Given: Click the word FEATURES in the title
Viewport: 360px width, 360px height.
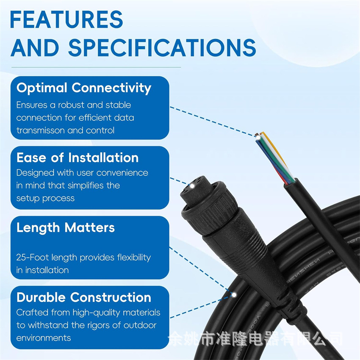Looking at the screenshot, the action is [66, 19].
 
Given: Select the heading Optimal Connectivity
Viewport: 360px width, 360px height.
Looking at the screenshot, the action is [84, 88].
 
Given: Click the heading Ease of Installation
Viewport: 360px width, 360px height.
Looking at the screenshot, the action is [78, 158].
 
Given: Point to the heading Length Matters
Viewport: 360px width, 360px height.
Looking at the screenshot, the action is [66, 228].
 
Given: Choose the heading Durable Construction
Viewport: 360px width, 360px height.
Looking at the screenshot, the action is [84, 298].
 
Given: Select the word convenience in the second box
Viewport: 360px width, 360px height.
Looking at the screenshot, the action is [122, 173].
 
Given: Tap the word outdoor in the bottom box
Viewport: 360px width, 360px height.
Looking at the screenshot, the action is [141, 325].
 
